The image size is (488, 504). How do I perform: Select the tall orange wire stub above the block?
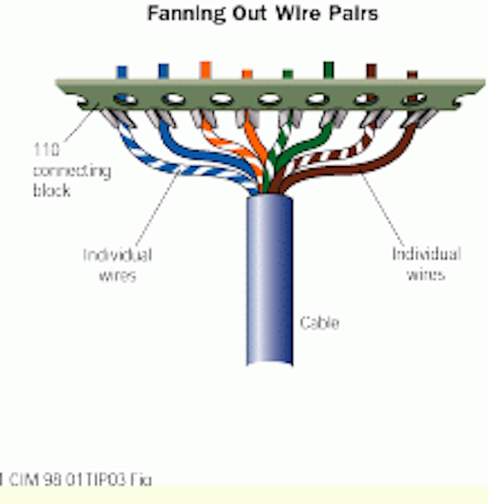coord(205,69)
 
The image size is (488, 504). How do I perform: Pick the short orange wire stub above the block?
coord(247,74)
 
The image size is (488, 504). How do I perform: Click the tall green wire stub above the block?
coord(328,70)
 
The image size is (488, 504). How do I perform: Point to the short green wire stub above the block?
coord(288,74)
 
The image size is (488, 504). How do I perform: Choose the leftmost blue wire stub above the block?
coord(121,72)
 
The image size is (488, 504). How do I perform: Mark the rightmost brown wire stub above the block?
coord(412,75)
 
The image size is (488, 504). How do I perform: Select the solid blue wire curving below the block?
coord(190,153)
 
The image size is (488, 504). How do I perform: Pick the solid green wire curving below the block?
coord(312,142)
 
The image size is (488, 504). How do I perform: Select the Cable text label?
coord(319,323)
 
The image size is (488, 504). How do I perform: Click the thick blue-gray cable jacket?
coord(269,281)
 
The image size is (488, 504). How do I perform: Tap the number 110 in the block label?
coord(46,149)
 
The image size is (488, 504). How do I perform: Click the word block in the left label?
coord(52,191)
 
